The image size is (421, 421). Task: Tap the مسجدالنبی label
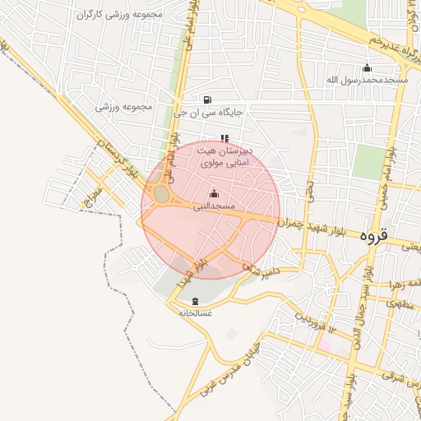(215, 206)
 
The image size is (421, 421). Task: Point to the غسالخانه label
(195, 312)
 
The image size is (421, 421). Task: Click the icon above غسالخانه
(195, 301)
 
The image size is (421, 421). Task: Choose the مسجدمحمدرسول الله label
(367, 80)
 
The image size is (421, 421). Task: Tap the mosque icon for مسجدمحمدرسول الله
(367, 67)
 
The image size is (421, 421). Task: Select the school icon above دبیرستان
(224, 138)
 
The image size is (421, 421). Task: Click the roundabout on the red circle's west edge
(160, 196)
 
